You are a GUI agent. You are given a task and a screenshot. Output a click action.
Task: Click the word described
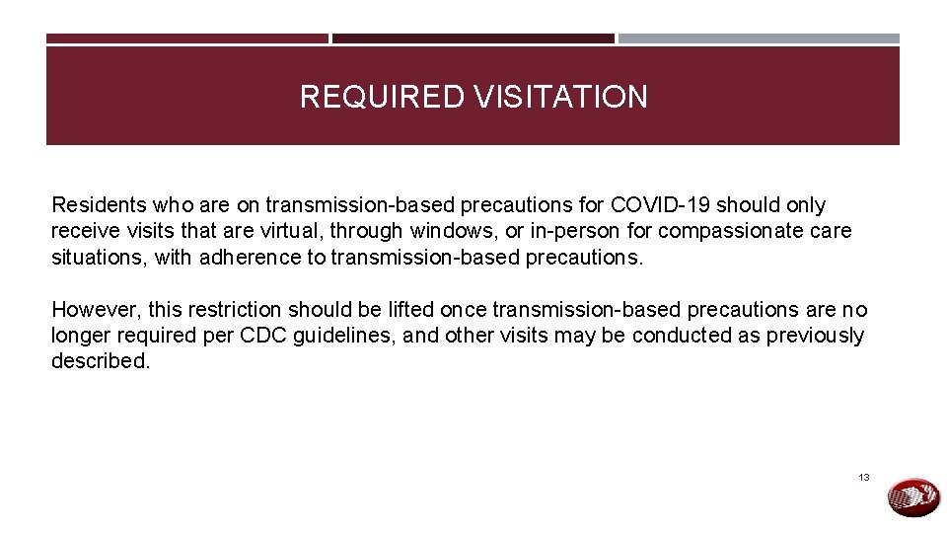[100, 360]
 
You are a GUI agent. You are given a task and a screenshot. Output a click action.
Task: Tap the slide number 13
[864, 478]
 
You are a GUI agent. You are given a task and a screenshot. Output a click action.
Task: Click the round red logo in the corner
[914, 496]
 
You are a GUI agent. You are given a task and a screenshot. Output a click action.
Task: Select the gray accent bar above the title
[759, 38]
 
